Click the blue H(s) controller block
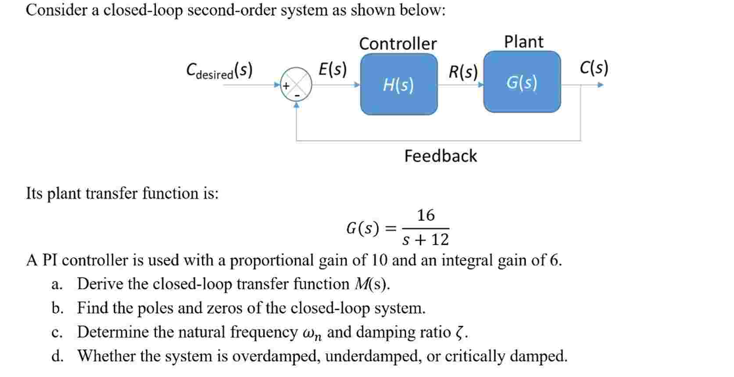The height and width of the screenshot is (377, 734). pos(398,84)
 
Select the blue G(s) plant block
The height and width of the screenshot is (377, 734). pos(522,82)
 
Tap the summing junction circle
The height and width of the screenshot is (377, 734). pos(296,84)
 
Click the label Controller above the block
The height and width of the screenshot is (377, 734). pos(397,44)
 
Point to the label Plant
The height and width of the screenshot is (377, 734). pos(523,42)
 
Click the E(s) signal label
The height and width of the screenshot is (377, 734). pos(332,69)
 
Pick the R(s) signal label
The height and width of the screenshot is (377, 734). pos(463,71)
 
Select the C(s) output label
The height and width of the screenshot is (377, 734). pos(594,68)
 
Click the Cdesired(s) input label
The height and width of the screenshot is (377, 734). pos(219,71)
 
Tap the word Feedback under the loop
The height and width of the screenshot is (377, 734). pos(440,156)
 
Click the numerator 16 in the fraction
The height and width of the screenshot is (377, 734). pos(426,215)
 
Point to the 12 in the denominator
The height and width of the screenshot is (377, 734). pos(440,240)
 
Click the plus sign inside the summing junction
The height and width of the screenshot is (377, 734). pos(286,86)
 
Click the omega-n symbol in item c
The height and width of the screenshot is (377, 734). pos(312,334)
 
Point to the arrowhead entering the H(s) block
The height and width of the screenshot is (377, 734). pos(357,84)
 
